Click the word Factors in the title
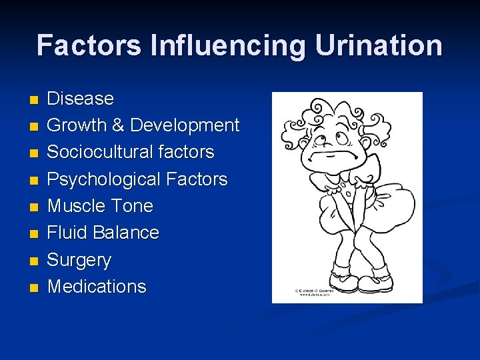(89, 46)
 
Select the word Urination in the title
(379, 46)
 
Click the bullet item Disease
(80, 99)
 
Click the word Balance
(126, 233)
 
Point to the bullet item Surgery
(79, 260)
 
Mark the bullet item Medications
(97, 287)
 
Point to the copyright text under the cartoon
(313, 292)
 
